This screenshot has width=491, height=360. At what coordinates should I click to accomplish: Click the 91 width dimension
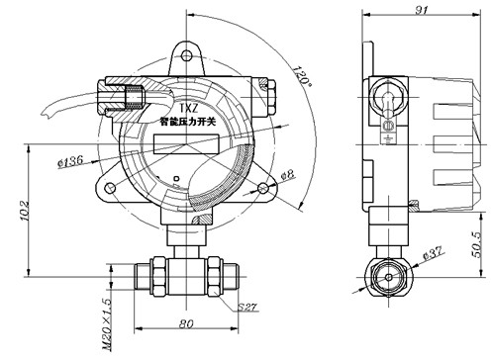421,10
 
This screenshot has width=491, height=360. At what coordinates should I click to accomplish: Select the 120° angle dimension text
302,76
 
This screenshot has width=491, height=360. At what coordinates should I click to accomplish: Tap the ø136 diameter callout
70,161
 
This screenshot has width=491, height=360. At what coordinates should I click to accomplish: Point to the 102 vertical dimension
25,211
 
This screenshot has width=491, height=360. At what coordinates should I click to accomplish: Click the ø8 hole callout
287,175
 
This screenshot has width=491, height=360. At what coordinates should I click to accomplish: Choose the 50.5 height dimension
476,244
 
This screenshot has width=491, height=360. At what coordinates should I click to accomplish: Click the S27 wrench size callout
246,308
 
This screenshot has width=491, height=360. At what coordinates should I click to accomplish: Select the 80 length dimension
186,323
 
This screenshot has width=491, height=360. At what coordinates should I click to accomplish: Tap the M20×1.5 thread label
108,324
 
